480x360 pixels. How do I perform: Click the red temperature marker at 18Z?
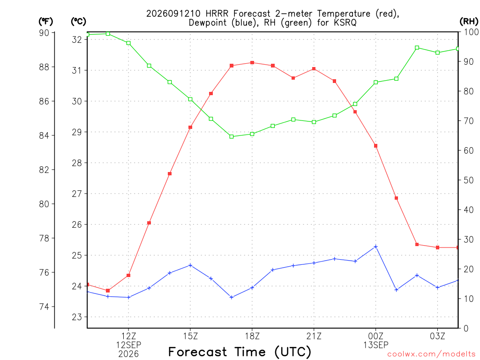(252, 63)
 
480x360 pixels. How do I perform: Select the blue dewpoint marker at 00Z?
(376, 247)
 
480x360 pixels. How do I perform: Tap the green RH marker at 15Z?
(190, 99)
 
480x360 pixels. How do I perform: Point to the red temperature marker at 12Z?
(128, 276)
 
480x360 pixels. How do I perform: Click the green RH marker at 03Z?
(438, 52)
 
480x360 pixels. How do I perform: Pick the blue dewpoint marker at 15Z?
(190, 265)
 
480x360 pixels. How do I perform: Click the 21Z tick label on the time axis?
(314, 337)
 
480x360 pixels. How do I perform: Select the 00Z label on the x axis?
(376, 337)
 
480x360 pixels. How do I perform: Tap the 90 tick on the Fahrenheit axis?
(44, 33)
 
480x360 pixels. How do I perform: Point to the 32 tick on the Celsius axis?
(77, 39)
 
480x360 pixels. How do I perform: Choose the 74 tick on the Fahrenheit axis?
(44, 307)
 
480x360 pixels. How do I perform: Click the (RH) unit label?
(469, 21)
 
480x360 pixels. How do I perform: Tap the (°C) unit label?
(79, 22)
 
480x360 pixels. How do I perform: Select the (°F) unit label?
(46, 22)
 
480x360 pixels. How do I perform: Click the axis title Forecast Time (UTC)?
(240, 352)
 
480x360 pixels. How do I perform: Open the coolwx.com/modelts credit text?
(431, 354)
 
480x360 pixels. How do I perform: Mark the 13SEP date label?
(376, 345)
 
